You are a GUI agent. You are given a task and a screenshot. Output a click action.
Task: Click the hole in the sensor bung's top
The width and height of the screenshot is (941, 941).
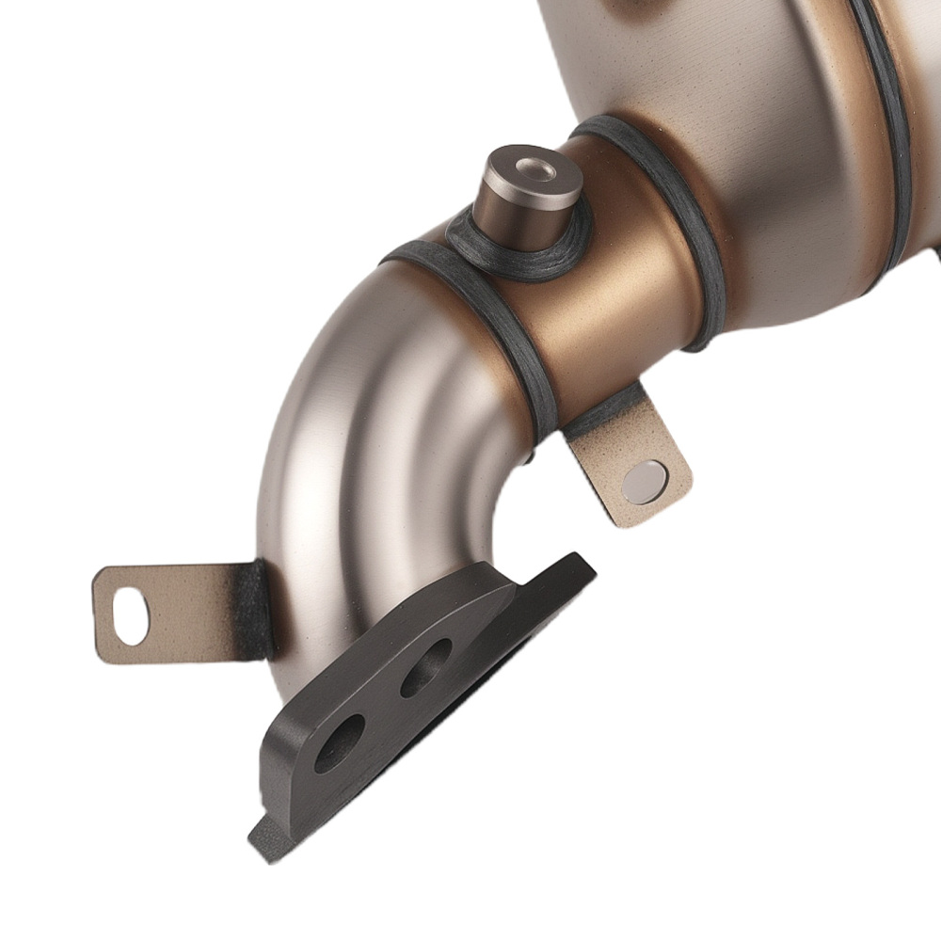[x=537, y=169]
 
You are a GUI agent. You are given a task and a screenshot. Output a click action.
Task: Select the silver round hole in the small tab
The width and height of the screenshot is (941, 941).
[x=646, y=481]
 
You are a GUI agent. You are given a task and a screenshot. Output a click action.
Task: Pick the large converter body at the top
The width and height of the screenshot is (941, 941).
[x=753, y=141]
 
